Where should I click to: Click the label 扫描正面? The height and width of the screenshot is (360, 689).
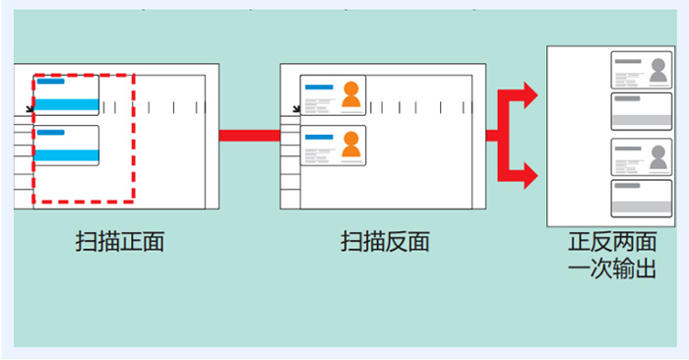tap(119, 241)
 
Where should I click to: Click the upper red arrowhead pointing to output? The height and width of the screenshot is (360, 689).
tap(529, 95)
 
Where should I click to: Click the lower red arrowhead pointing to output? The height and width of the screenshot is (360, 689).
tap(529, 176)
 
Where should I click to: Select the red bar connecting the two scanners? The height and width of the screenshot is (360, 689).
tap(249, 135)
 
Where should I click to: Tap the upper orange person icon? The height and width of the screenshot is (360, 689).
tap(351, 94)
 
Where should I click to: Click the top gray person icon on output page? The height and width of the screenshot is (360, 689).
tap(658, 70)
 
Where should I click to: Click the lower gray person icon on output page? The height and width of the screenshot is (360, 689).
tap(658, 155)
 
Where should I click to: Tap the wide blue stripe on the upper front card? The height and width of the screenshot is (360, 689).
tap(67, 104)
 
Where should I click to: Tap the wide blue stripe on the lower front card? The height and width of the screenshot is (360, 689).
tap(67, 155)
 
